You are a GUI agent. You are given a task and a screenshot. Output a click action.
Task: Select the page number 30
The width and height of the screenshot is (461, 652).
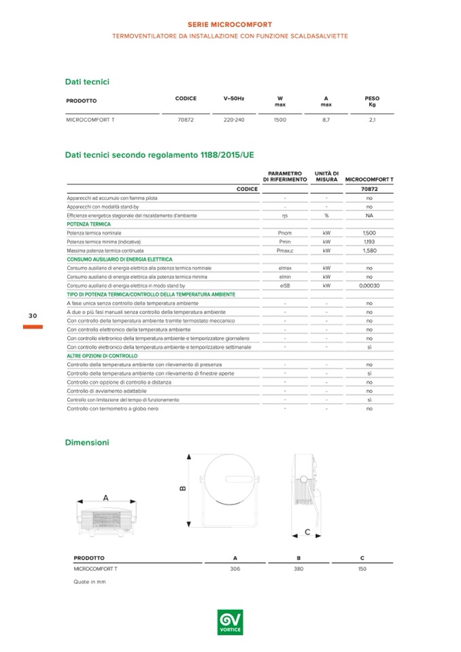[x=33, y=316]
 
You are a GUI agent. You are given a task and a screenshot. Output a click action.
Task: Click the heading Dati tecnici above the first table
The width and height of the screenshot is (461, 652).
[x=87, y=82]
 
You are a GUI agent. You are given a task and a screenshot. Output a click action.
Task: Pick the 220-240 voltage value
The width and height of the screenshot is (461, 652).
[x=234, y=120]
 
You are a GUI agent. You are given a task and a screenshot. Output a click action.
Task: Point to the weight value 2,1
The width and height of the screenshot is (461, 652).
[x=372, y=120]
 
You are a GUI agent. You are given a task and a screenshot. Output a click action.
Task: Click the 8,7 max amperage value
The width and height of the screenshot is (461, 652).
[x=326, y=120]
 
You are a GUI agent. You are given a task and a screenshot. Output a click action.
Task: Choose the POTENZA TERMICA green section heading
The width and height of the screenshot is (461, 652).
[x=88, y=224]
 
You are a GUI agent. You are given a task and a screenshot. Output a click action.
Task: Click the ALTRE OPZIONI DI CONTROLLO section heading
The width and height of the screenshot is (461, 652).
[x=102, y=356]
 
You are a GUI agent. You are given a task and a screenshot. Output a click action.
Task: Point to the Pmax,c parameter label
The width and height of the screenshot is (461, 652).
[x=285, y=250]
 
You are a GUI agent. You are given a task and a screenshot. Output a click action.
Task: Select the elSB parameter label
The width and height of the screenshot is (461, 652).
[x=285, y=286]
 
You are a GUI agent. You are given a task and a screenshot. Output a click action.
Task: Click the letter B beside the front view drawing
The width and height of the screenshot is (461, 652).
[x=183, y=488]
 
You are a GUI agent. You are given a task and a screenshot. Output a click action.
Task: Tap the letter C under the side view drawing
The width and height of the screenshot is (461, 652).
[x=307, y=531]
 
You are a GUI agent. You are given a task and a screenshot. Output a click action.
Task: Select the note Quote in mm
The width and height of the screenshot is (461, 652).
[x=90, y=582]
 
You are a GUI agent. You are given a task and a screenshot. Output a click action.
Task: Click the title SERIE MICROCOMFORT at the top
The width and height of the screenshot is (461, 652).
[x=229, y=24]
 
